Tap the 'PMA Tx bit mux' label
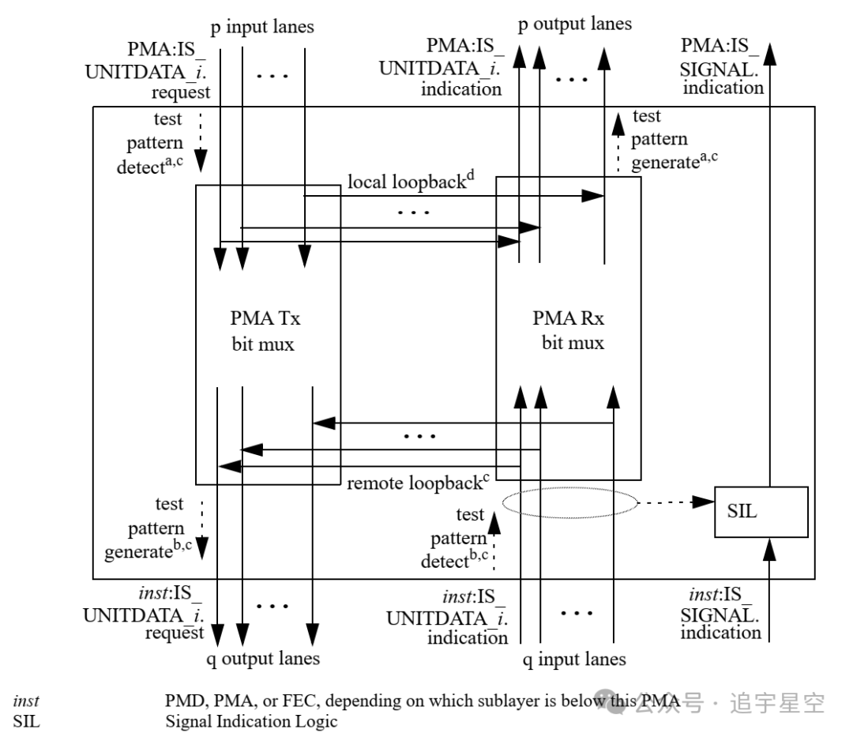[x=265, y=331]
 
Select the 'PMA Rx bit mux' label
[x=569, y=330]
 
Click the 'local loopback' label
[x=411, y=181]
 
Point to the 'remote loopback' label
[x=418, y=483]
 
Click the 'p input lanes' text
[x=262, y=27]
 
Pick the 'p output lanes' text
[x=575, y=24]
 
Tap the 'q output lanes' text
[x=263, y=659]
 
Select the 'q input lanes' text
[x=574, y=660]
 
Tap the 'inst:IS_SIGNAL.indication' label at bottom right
[x=720, y=613]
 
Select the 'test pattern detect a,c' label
[x=150, y=143]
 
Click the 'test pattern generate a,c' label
[x=674, y=139]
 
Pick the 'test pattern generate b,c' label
[x=148, y=528]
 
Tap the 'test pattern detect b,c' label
[x=455, y=537]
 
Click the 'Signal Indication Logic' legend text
[x=251, y=721]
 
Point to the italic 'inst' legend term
[x=26, y=701]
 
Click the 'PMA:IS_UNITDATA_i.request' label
[x=148, y=71]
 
